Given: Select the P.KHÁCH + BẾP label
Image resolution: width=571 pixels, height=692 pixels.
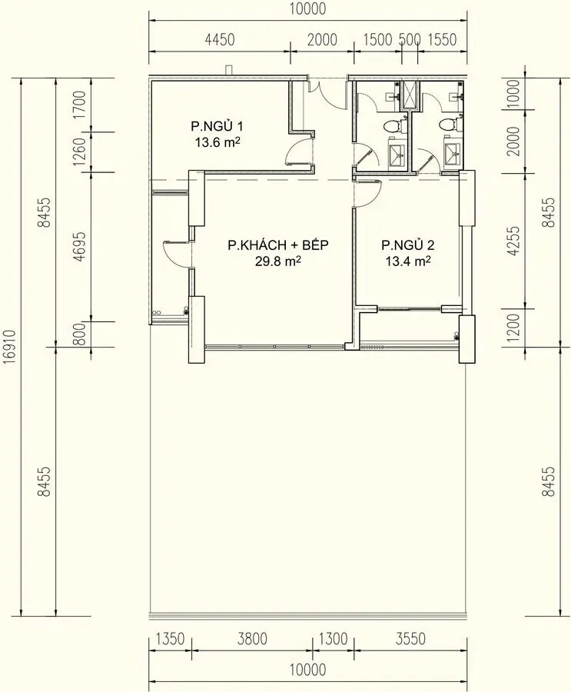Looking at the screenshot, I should [x=278, y=245].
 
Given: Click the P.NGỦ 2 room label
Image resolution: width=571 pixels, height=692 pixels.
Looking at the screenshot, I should [x=408, y=245].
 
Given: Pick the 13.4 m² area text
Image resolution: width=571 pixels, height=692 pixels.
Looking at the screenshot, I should [x=408, y=261].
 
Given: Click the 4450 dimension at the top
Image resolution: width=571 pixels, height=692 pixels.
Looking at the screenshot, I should [x=220, y=39].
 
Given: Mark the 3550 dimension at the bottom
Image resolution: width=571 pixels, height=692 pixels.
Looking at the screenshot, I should [x=410, y=638].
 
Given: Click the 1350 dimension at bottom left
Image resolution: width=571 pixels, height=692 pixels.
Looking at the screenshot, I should [x=170, y=638].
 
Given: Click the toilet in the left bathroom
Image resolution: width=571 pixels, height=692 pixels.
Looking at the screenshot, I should [x=391, y=125].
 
